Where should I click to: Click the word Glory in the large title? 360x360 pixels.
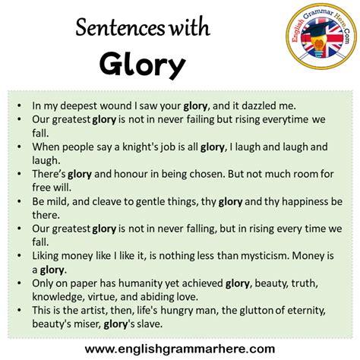tap(142, 65)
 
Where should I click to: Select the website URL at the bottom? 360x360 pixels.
tap(180, 348)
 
